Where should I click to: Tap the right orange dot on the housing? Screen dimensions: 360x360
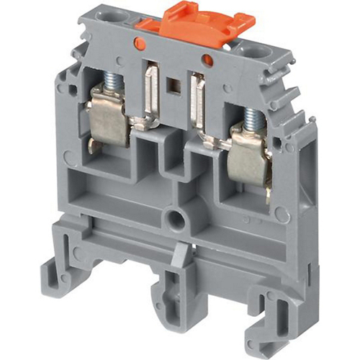[x=207, y=59]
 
